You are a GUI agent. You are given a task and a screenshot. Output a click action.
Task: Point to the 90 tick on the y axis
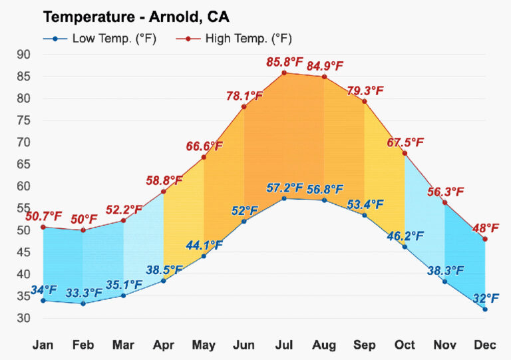click(x=23, y=55)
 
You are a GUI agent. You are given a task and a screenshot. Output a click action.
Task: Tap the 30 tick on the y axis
click(x=23, y=318)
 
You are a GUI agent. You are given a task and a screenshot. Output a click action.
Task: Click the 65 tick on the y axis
click(x=23, y=164)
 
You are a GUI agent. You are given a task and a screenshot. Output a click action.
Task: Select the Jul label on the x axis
click(x=284, y=345)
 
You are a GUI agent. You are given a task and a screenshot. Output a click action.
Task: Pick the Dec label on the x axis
click(x=485, y=345)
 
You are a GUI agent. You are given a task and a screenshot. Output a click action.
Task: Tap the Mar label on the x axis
click(x=124, y=345)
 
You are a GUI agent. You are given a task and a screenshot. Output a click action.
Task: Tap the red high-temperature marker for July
click(x=284, y=73)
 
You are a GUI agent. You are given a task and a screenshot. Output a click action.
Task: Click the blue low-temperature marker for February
click(x=83, y=303)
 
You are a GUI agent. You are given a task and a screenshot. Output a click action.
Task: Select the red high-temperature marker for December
click(x=485, y=239)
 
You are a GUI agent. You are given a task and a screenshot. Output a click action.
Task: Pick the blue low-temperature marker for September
click(x=365, y=215)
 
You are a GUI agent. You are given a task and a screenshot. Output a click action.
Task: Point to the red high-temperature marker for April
click(x=164, y=192)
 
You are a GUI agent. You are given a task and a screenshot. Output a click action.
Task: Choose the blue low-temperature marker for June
click(x=244, y=221)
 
